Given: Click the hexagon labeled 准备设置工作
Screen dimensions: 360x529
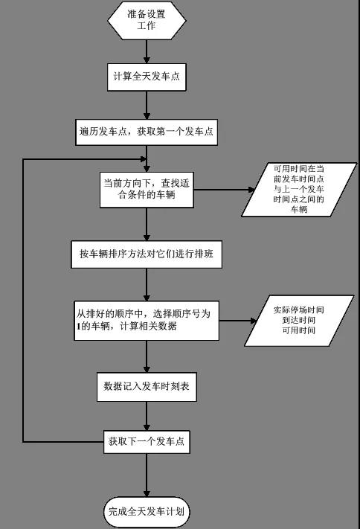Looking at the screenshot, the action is pyautogui.click(x=147, y=20).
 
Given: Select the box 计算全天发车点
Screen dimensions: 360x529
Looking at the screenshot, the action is pyautogui.click(x=147, y=77).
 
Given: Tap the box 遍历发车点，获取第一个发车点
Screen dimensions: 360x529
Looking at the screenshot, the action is pyautogui.click(x=147, y=132).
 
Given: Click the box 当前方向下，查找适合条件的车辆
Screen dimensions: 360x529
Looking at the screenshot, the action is pyautogui.click(x=147, y=190).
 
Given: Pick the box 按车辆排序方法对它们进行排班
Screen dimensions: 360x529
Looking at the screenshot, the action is pyautogui.click(x=147, y=254).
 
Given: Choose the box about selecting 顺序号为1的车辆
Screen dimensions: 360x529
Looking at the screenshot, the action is pyautogui.click(x=147, y=321).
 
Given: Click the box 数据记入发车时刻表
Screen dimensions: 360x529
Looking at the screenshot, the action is pyautogui.click(x=147, y=387).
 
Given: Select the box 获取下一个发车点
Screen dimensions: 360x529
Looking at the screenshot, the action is pyautogui.click(x=147, y=442).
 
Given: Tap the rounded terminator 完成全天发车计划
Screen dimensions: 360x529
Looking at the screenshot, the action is pyautogui.click(x=147, y=512).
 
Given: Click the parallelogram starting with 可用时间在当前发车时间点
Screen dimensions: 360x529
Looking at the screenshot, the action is pyautogui.click(x=299, y=190).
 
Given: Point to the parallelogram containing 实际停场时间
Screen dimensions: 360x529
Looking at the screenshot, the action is pyautogui.click(x=299, y=321).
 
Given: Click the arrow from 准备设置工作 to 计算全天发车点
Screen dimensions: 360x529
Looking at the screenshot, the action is pyautogui.click(x=147, y=51).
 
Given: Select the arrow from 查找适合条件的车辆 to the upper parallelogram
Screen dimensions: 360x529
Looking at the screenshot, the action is pyautogui.click(x=224, y=190).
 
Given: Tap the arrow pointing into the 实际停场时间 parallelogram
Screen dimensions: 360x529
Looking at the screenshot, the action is pyautogui.click(x=238, y=321).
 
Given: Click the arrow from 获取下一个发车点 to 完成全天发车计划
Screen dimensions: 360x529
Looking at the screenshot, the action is pyautogui.click(x=147, y=475).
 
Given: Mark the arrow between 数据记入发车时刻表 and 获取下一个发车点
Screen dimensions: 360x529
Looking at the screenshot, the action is pyautogui.click(x=147, y=417).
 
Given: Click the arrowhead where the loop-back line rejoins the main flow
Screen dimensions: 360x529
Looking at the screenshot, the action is pyautogui.click(x=144, y=159).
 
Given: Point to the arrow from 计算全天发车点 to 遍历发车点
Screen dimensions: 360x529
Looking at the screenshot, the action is pyautogui.click(x=147, y=105).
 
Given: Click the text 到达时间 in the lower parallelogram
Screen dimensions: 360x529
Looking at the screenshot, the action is pyautogui.click(x=299, y=320).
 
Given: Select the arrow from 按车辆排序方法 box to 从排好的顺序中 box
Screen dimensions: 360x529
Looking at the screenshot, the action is pyautogui.click(x=147, y=285).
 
